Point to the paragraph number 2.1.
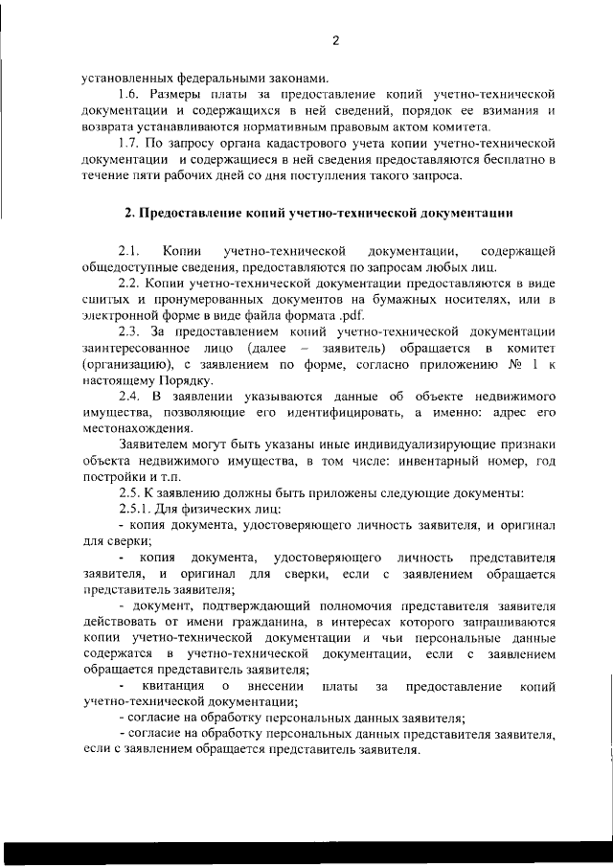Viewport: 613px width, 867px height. (x=129, y=251)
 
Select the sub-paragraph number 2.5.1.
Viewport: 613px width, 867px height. (x=136, y=509)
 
